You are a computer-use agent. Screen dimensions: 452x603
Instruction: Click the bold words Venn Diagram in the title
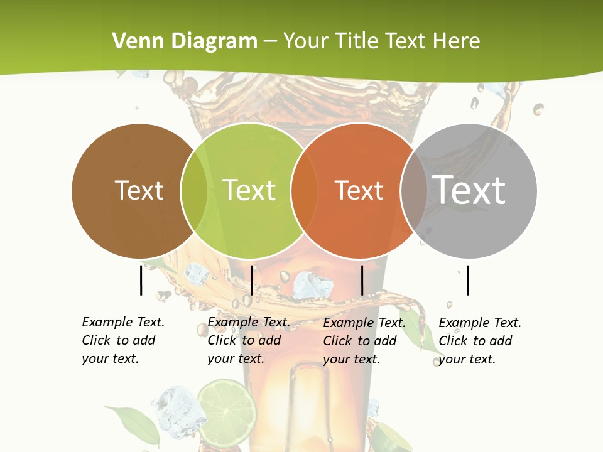click(x=185, y=41)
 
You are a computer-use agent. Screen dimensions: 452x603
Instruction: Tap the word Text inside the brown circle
click(x=139, y=190)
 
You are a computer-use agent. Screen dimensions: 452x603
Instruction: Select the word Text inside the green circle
click(x=249, y=190)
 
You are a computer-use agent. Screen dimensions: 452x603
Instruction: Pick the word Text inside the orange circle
click(x=359, y=190)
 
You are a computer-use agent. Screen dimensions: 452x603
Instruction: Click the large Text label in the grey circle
click(x=469, y=190)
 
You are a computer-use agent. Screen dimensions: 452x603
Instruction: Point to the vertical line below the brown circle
click(x=141, y=281)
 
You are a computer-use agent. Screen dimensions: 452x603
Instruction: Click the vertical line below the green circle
click(x=251, y=281)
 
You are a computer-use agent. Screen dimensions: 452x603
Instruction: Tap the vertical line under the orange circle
click(x=362, y=281)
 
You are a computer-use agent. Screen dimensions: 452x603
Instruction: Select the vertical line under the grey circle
click(x=468, y=281)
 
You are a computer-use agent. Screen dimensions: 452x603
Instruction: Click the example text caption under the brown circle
click(x=123, y=340)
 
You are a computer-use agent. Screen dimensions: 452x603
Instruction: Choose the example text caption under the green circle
click(x=249, y=340)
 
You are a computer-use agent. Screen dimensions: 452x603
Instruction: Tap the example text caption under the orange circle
click(x=364, y=341)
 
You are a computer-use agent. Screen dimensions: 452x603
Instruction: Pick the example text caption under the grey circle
click(x=480, y=341)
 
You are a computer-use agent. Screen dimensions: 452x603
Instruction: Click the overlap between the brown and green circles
click(x=194, y=190)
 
